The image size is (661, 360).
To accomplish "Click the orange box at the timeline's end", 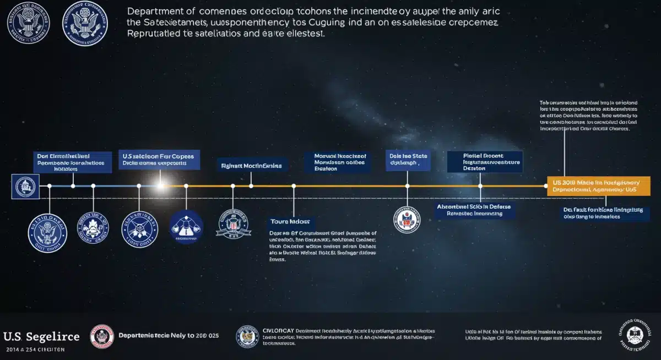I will pos(598,186).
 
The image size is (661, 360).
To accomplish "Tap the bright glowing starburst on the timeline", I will pos(161,186).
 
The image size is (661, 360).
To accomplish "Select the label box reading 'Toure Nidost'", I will pos(289,221).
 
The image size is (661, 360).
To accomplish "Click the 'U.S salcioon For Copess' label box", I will pos(160,160).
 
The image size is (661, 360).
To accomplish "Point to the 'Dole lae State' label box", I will pos(408,160).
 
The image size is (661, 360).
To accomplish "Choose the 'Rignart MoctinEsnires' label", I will pos(251,165).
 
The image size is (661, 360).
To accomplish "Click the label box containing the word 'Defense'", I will pos(474,210).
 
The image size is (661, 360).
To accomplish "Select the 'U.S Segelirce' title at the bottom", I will pos(41,337).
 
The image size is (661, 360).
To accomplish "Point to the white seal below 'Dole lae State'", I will pos(407,219).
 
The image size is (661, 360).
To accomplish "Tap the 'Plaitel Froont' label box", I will pos(484,162).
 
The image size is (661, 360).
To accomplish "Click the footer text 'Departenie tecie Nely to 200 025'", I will pos(169,335).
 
